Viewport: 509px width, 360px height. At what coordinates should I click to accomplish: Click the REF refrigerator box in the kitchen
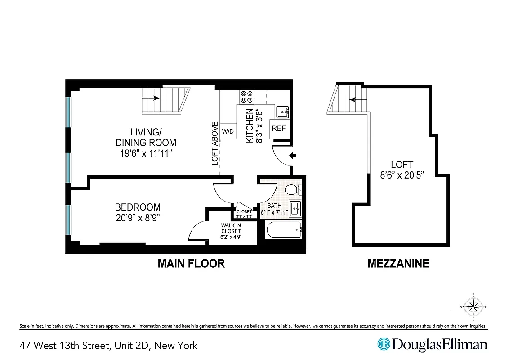point(279,128)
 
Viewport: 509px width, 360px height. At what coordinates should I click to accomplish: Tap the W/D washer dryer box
point(228,131)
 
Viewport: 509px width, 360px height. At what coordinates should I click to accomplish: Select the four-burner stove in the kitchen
point(246,97)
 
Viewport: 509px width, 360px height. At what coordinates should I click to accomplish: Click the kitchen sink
point(282,111)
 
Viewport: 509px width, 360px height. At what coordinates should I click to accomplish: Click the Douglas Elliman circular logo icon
point(384,345)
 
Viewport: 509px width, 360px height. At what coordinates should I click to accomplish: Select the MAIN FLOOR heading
point(191,263)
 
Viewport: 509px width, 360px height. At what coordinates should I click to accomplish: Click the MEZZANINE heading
point(398,263)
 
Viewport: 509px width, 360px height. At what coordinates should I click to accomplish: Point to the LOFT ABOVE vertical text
point(215,143)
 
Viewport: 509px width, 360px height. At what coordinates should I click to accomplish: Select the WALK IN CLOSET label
point(231,231)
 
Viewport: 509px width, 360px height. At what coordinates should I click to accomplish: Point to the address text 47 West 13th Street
point(108,346)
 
